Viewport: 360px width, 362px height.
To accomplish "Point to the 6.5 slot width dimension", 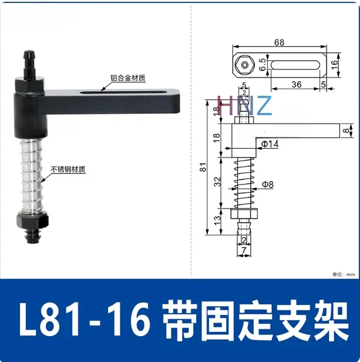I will [263, 64].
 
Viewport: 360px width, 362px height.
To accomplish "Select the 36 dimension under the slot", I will [296, 85].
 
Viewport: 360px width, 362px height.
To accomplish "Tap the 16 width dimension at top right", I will [334, 63].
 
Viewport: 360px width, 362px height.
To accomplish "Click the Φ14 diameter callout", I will [270, 143].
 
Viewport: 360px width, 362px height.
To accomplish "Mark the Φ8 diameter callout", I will [267, 185].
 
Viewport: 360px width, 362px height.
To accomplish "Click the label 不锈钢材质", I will [68, 169].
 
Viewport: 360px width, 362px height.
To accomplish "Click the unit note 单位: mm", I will [344, 274].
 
